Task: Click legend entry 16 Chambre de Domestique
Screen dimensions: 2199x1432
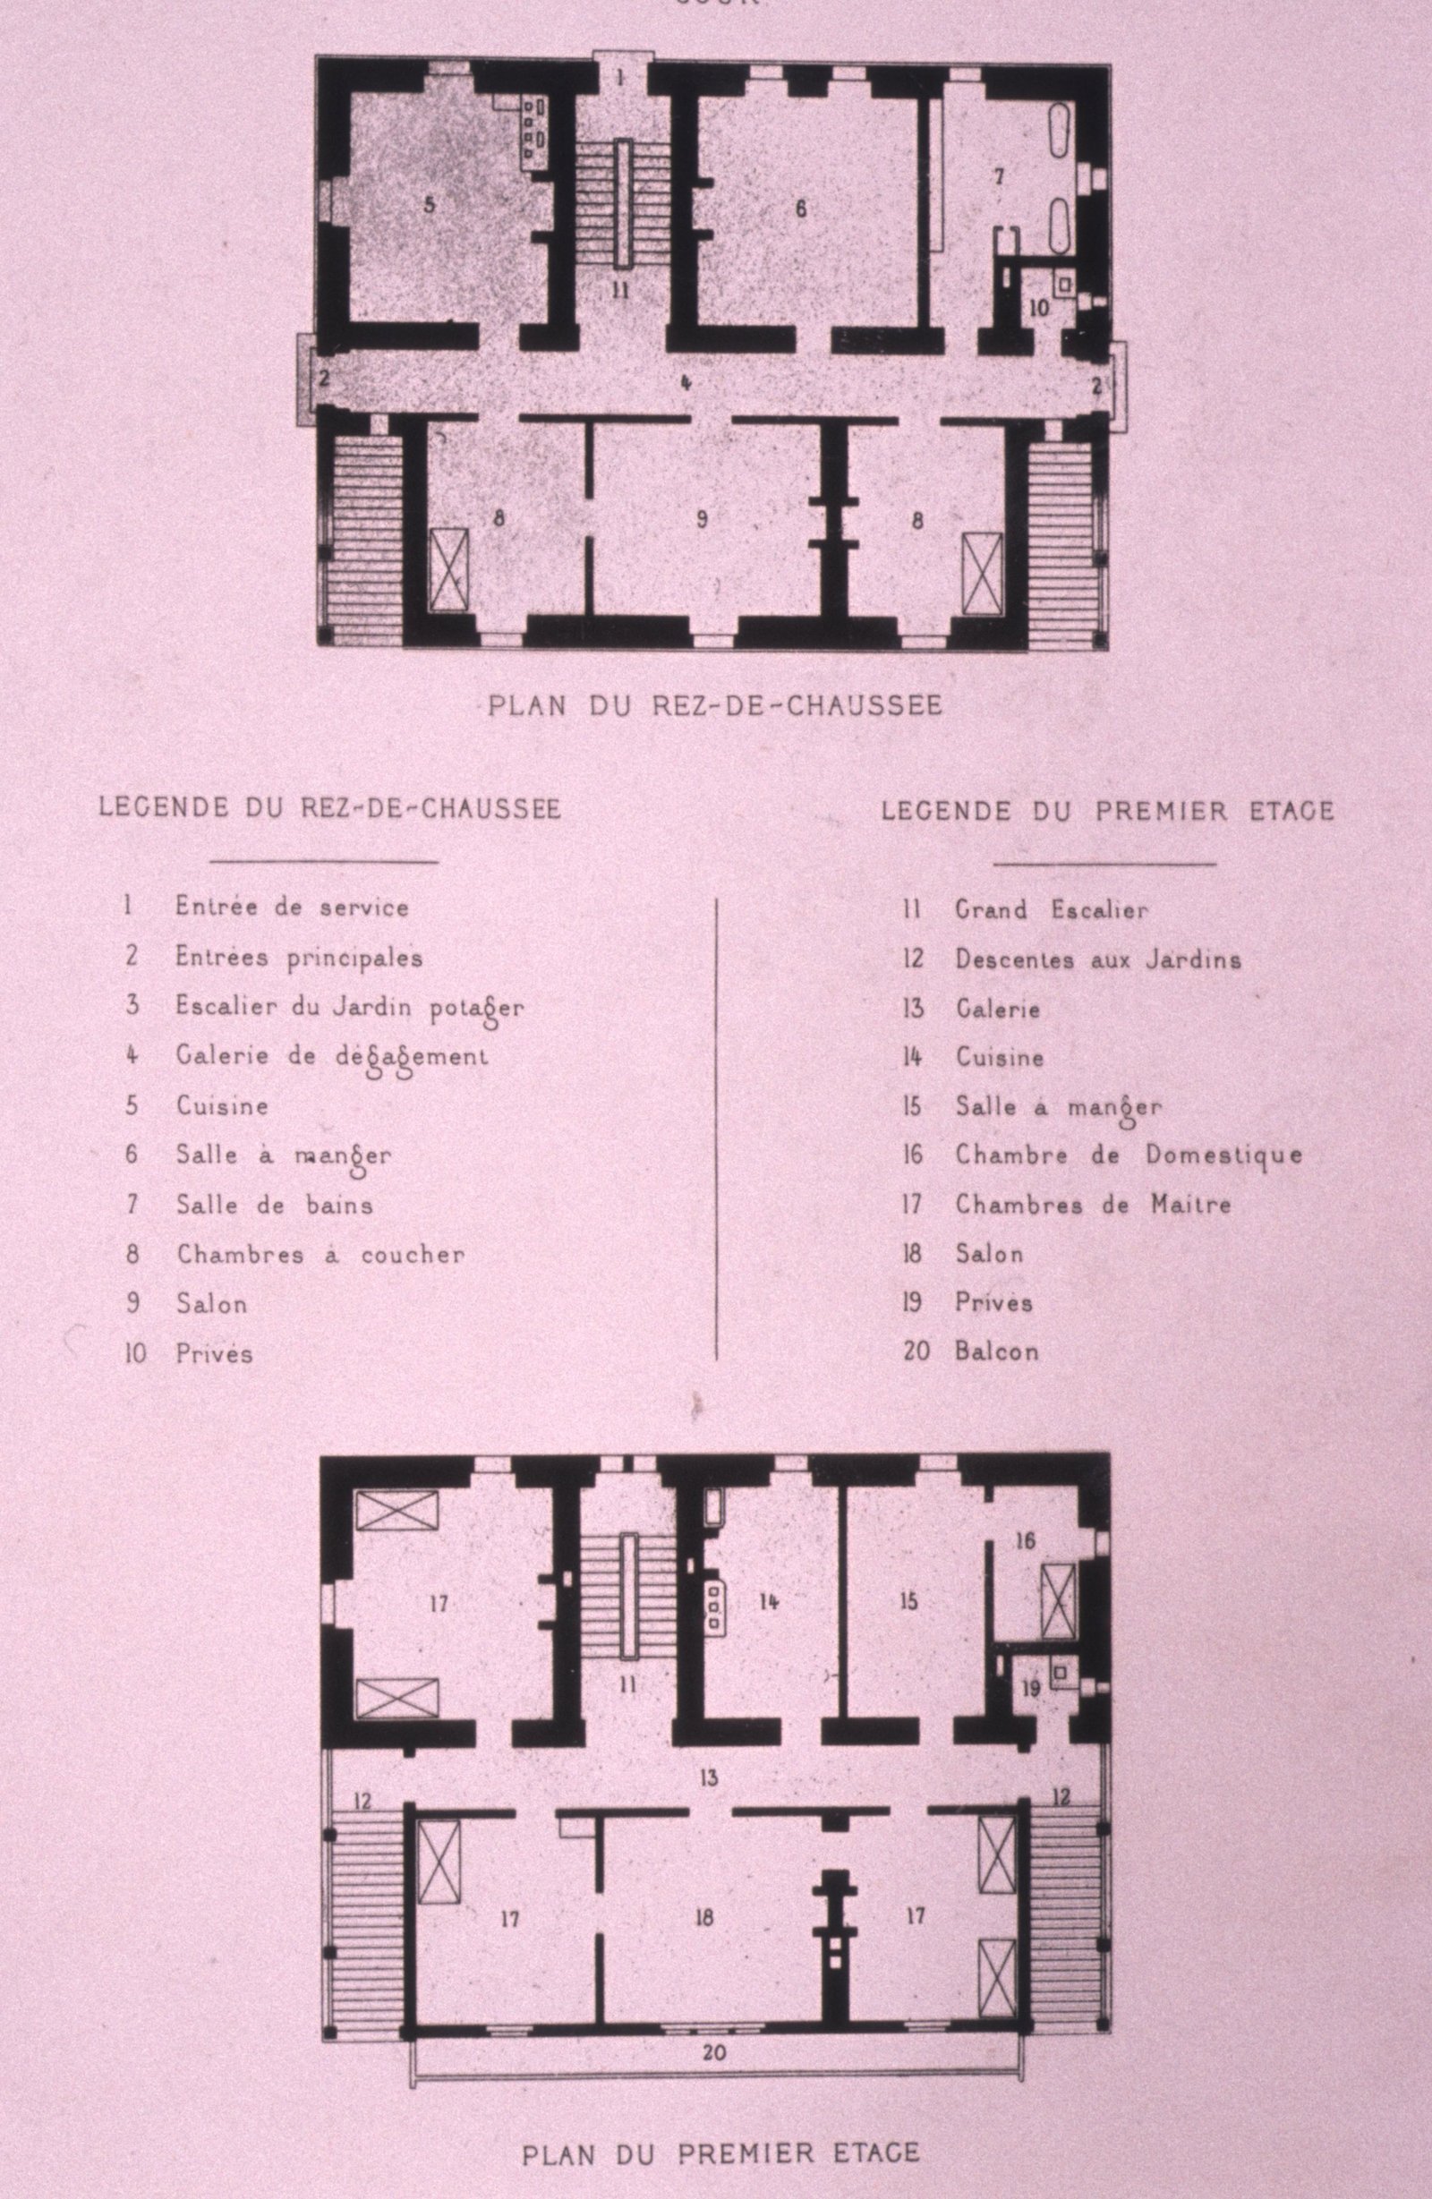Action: coord(1104,1155)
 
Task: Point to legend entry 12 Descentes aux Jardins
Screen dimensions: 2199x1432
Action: coord(1071,960)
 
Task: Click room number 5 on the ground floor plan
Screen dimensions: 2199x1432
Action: coord(429,205)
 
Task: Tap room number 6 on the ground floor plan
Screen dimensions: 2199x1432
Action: coord(801,209)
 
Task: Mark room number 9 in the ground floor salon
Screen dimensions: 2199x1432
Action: coord(703,519)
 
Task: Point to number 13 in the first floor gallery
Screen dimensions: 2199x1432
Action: coord(708,1752)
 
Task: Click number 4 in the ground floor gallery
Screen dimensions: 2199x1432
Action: coord(686,381)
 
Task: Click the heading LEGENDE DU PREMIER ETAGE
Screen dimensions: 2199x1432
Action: coord(1108,811)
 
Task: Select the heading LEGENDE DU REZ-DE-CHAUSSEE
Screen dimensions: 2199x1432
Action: coord(330,808)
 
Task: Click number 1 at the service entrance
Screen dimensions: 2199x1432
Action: coord(620,79)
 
